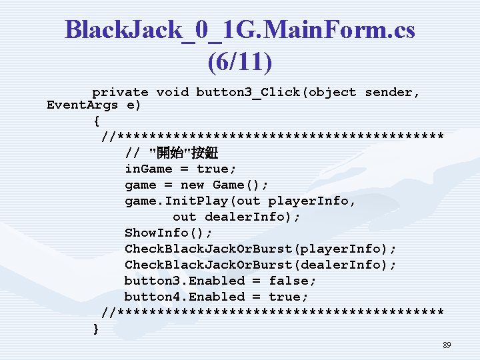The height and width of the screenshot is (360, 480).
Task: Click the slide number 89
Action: click(x=447, y=345)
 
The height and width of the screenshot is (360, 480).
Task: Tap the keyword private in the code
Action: click(x=120, y=92)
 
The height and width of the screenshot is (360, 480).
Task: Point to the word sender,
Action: click(x=393, y=92)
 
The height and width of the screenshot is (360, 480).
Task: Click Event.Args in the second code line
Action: click(x=82, y=105)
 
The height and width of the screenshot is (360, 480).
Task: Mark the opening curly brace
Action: click(x=96, y=121)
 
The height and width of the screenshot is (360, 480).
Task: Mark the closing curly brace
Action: click(x=96, y=328)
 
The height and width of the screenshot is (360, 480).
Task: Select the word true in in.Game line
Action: click(x=212, y=169)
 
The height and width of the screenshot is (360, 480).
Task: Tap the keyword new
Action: click(x=193, y=185)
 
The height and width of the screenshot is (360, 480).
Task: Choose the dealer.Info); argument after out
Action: click(x=253, y=217)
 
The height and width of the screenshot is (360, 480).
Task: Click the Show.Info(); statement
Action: click(x=169, y=233)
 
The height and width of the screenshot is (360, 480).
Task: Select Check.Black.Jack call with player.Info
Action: click(x=260, y=249)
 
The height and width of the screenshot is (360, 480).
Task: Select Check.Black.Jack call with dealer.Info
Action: click(x=260, y=265)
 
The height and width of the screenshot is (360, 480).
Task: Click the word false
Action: click(x=292, y=281)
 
